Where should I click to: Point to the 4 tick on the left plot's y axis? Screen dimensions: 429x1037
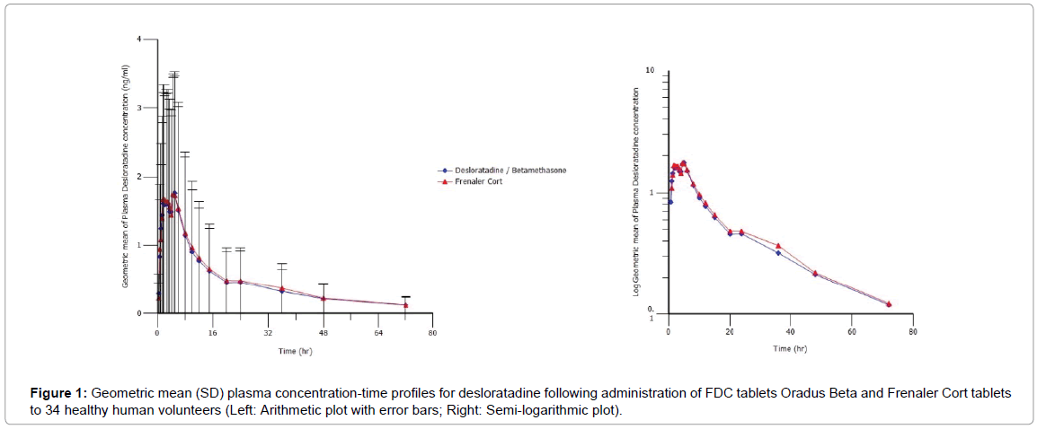pos(139,39)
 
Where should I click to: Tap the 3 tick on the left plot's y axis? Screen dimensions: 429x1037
pos(139,108)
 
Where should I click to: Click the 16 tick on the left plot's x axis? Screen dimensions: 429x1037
pos(212,332)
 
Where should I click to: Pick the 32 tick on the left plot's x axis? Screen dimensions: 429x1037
pos(267,332)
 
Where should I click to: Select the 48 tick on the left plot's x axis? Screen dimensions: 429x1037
pos(323,332)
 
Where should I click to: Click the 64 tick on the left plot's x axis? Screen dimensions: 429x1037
pos(377,332)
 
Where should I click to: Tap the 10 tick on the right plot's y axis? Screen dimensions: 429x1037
pos(651,70)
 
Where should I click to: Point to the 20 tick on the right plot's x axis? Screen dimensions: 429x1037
pos(730,332)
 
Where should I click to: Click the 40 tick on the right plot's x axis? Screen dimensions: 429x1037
pos(791,332)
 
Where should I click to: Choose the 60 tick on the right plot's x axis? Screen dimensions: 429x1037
pos(852,332)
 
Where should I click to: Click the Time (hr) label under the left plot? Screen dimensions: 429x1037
pos(294,350)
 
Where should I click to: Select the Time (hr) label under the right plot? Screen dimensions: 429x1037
pos(790,348)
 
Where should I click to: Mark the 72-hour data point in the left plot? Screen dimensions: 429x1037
pos(405,305)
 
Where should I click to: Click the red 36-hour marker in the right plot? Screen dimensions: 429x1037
pos(778,246)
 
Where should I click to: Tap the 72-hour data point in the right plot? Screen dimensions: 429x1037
pos(888,304)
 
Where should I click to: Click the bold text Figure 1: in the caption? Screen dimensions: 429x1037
pos(57,394)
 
